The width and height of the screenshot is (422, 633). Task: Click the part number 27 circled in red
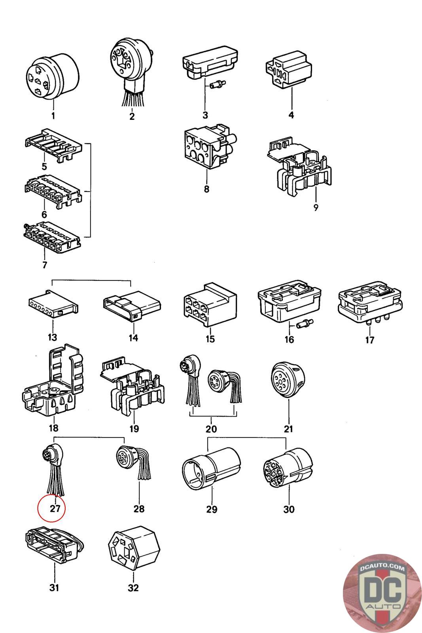(55, 508)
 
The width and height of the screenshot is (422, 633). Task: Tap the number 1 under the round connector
(53, 116)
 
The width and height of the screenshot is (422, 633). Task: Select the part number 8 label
(206, 189)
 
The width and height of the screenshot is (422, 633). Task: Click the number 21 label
(288, 429)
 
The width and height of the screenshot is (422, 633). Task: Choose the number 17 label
(369, 339)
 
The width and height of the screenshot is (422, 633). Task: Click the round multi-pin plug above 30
(288, 467)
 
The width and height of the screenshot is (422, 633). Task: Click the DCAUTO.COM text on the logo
(382, 568)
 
